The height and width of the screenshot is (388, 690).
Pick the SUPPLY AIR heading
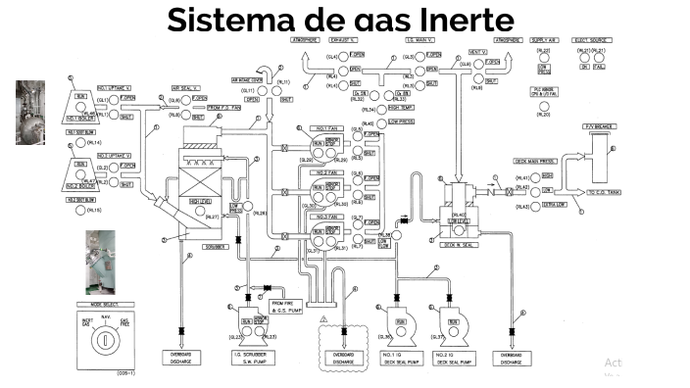pyautogui.click(x=544, y=40)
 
